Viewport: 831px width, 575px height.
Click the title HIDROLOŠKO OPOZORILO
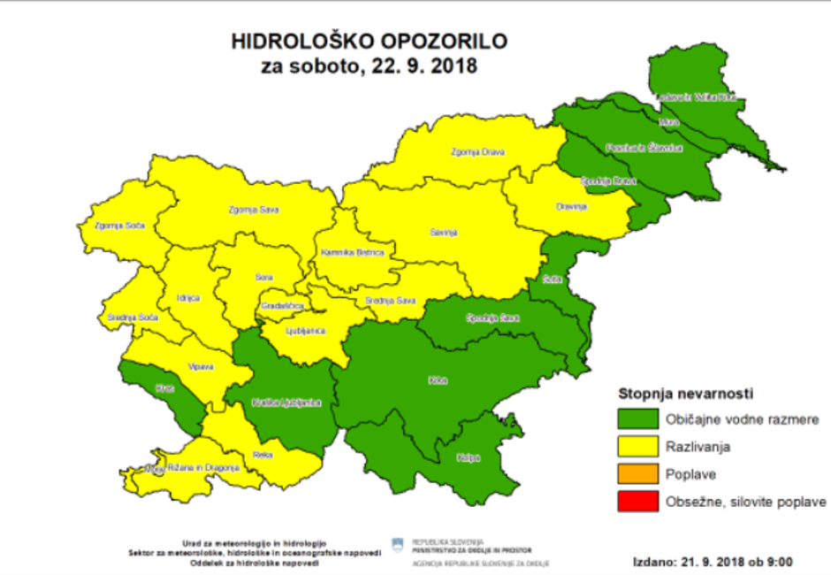click(370, 42)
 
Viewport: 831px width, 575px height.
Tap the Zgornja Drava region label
click(477, 152)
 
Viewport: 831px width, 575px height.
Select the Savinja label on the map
click(445, 233)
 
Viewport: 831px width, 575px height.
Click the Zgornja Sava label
click(249, 210)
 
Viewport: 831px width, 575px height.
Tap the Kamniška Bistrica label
click(354, 252)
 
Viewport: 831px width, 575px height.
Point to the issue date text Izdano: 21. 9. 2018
click(713, 561)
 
